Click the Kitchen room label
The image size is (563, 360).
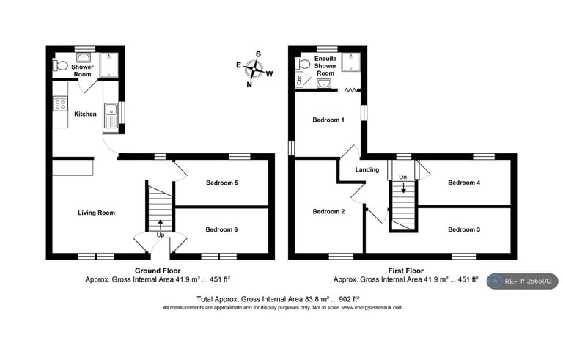[x=86, y=114]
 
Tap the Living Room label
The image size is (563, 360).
[x=97, y=213]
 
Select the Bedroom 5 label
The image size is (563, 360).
[x=221, y=183]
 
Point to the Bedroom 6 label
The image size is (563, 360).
[x=221, y=229]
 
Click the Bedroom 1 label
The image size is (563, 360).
[x=328, y=120]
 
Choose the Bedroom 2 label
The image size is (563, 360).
[x=328, y=212]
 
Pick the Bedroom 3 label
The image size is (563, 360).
[x=464, y=229]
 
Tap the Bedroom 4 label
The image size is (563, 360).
[x=464, y=183]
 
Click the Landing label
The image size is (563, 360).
[x=367, y=170]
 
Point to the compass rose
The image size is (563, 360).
[x=254, y=69]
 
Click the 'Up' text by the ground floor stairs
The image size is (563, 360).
[x=161, y=235]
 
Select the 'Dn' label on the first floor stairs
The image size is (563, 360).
[x=402, y=177]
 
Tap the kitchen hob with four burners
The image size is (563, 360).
[x=59, y=105]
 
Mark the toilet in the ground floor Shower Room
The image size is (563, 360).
[x=61, y=67]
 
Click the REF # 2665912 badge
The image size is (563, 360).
[x=521, y=281]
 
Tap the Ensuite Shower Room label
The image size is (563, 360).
[x=325, y=65]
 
